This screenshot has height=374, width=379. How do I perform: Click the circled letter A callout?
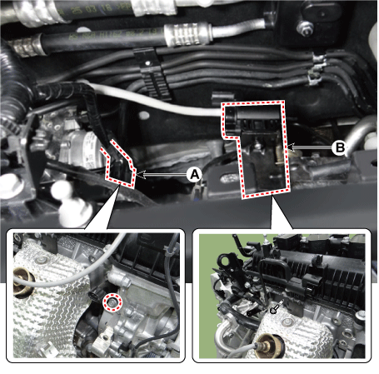[195, 175]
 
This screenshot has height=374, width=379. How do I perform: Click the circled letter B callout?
[339, 147]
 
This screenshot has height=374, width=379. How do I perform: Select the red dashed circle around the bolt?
[112, 302]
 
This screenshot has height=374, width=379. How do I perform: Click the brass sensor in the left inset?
[23, 282]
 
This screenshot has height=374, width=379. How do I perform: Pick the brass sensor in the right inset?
[268, 345]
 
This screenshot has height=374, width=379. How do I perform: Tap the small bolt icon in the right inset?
[277, 307]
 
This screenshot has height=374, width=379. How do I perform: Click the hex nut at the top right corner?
[305, 28]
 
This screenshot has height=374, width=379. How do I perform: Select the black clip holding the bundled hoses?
[152, 73]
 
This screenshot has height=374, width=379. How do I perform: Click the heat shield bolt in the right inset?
[287, 322]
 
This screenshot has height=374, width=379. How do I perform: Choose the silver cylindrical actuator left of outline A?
[81, 149]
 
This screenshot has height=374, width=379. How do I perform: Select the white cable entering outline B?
[156, 102]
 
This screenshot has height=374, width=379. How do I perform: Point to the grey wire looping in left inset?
[69, 272]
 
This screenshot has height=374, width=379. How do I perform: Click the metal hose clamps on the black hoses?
[316, 69]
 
